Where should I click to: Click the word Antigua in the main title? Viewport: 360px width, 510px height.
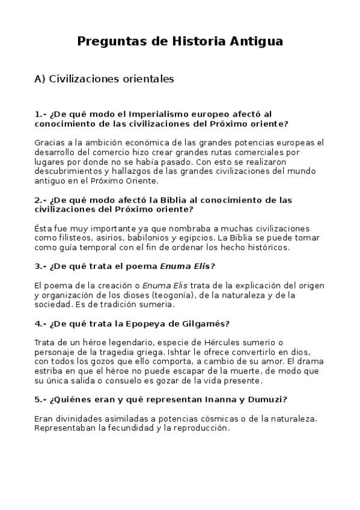[254, 41]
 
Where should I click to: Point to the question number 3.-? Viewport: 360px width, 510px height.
[41, 266]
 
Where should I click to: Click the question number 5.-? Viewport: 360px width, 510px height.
[41, 399]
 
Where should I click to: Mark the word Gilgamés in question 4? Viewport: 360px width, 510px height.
[208, 323]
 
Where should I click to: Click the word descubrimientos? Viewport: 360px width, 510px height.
[72, 171]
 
